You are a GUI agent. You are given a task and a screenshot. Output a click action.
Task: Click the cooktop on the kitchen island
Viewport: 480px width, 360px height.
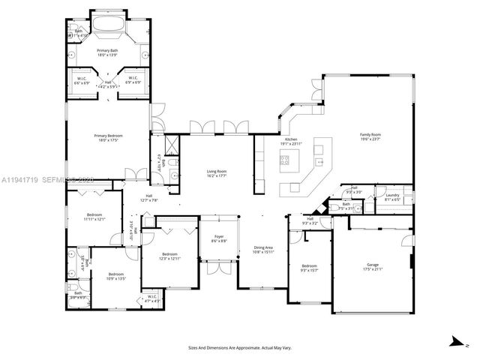286,158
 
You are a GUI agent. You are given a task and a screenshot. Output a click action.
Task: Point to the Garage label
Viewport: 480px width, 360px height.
372,265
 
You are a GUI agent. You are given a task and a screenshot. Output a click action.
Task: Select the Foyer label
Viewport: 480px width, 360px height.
219,238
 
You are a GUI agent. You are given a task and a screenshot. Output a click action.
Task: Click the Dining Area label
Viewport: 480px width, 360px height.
263,249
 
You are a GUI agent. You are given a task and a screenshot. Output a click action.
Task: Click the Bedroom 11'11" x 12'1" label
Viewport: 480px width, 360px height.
94,217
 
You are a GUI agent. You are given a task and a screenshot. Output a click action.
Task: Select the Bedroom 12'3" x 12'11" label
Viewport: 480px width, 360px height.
169,256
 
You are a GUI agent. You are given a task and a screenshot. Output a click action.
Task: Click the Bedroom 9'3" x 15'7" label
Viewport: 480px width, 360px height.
309,268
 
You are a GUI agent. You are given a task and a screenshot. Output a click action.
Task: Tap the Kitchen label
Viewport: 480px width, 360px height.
291,140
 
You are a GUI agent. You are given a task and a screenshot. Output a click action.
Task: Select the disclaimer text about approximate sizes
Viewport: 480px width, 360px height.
239,347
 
